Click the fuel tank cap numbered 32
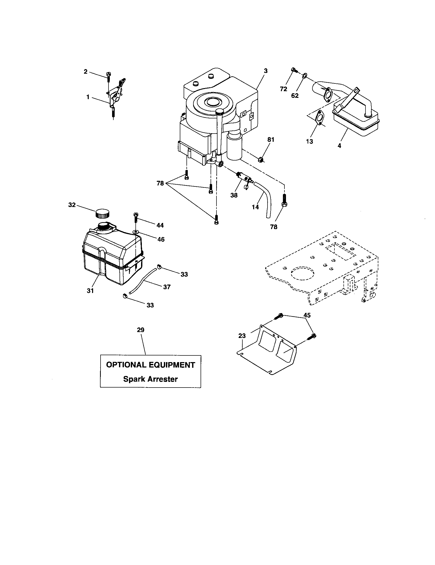coord(102,214)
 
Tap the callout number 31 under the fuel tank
coord(90,291)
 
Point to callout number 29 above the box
coord(141,330)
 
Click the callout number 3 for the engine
coord(266,71)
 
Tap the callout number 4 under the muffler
coord(339,146)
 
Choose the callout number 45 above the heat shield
coord(307,315)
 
